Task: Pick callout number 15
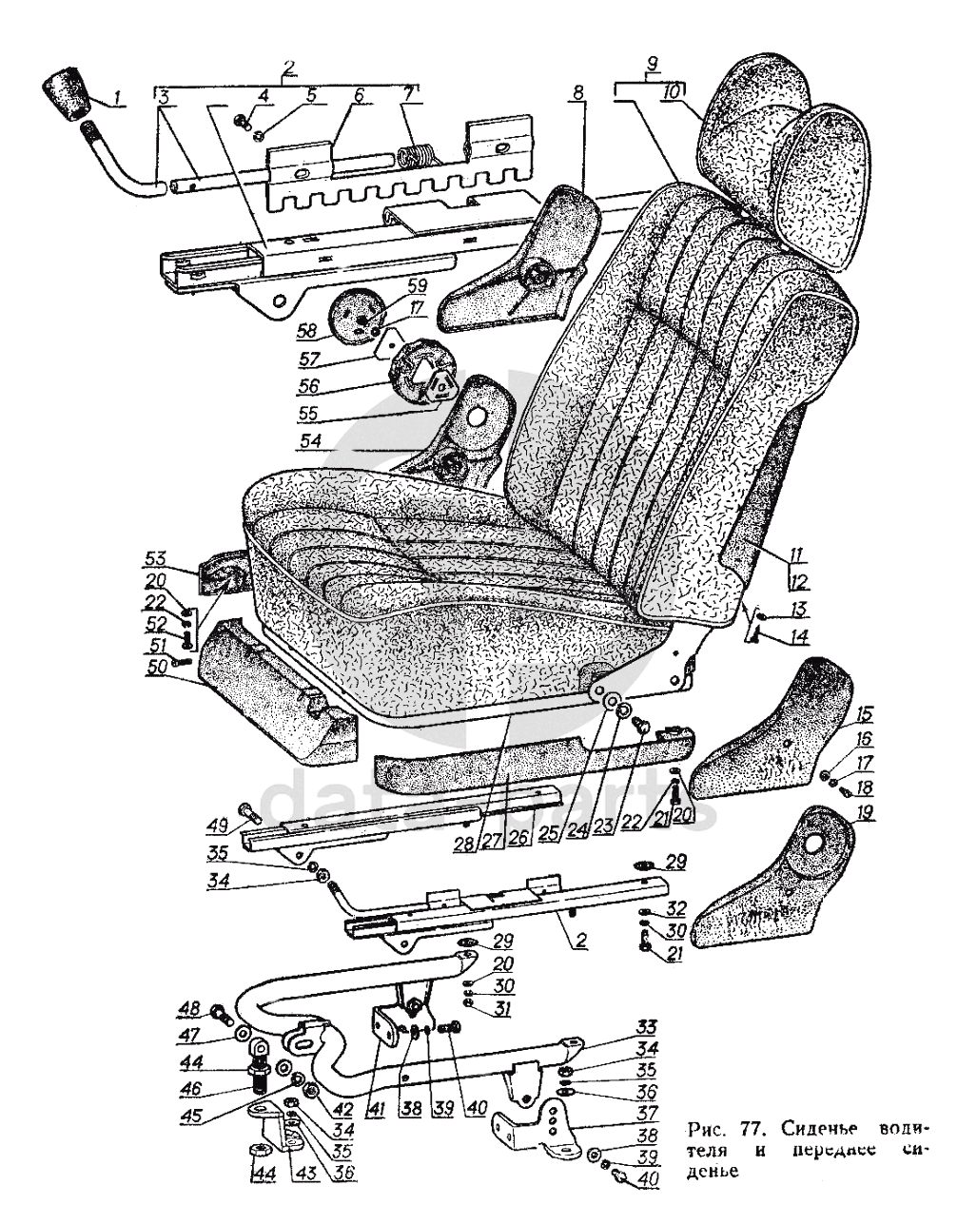point(864,713)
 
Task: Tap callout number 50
point(156,668)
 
